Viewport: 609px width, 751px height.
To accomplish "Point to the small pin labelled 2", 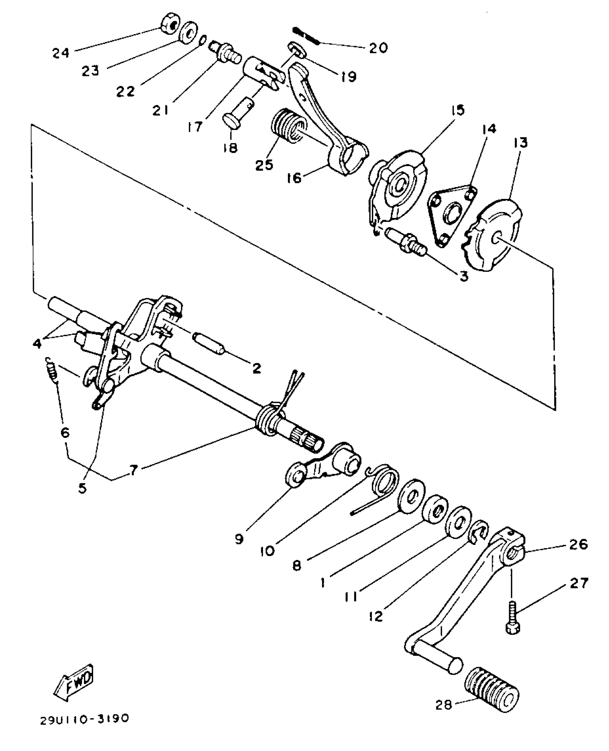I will [209, 343].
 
